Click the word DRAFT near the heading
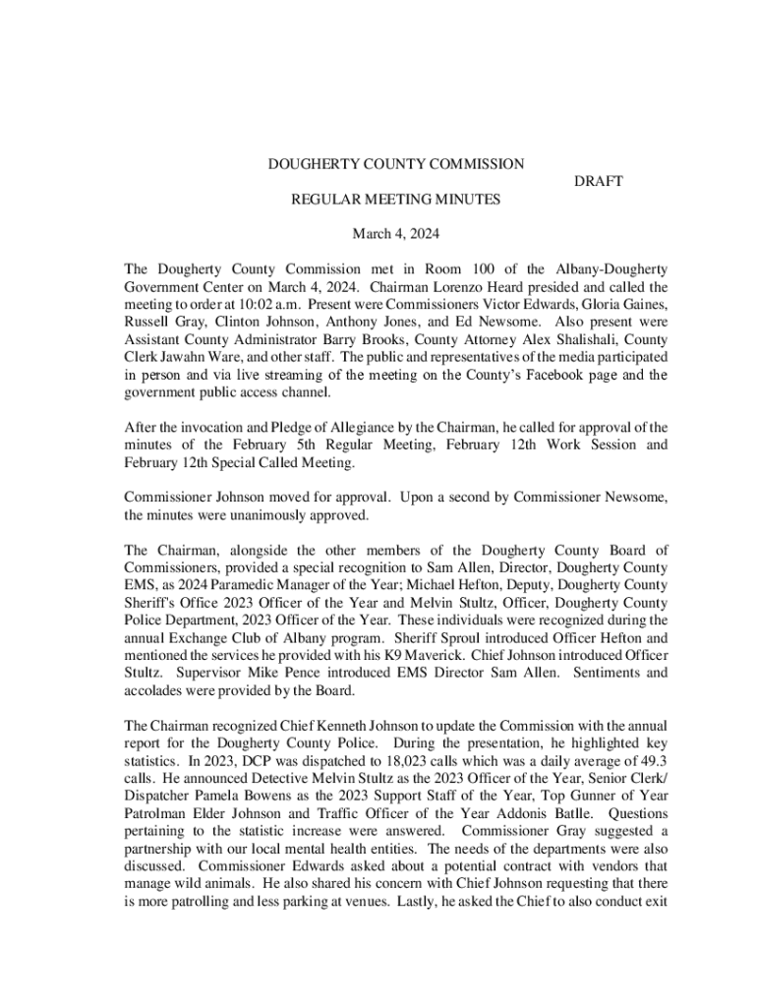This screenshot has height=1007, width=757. (599, 182)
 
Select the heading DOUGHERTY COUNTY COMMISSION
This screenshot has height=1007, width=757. (396, 164)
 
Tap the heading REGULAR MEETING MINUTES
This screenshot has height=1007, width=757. (396, 200)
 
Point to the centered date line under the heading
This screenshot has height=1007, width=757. (396, 234)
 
